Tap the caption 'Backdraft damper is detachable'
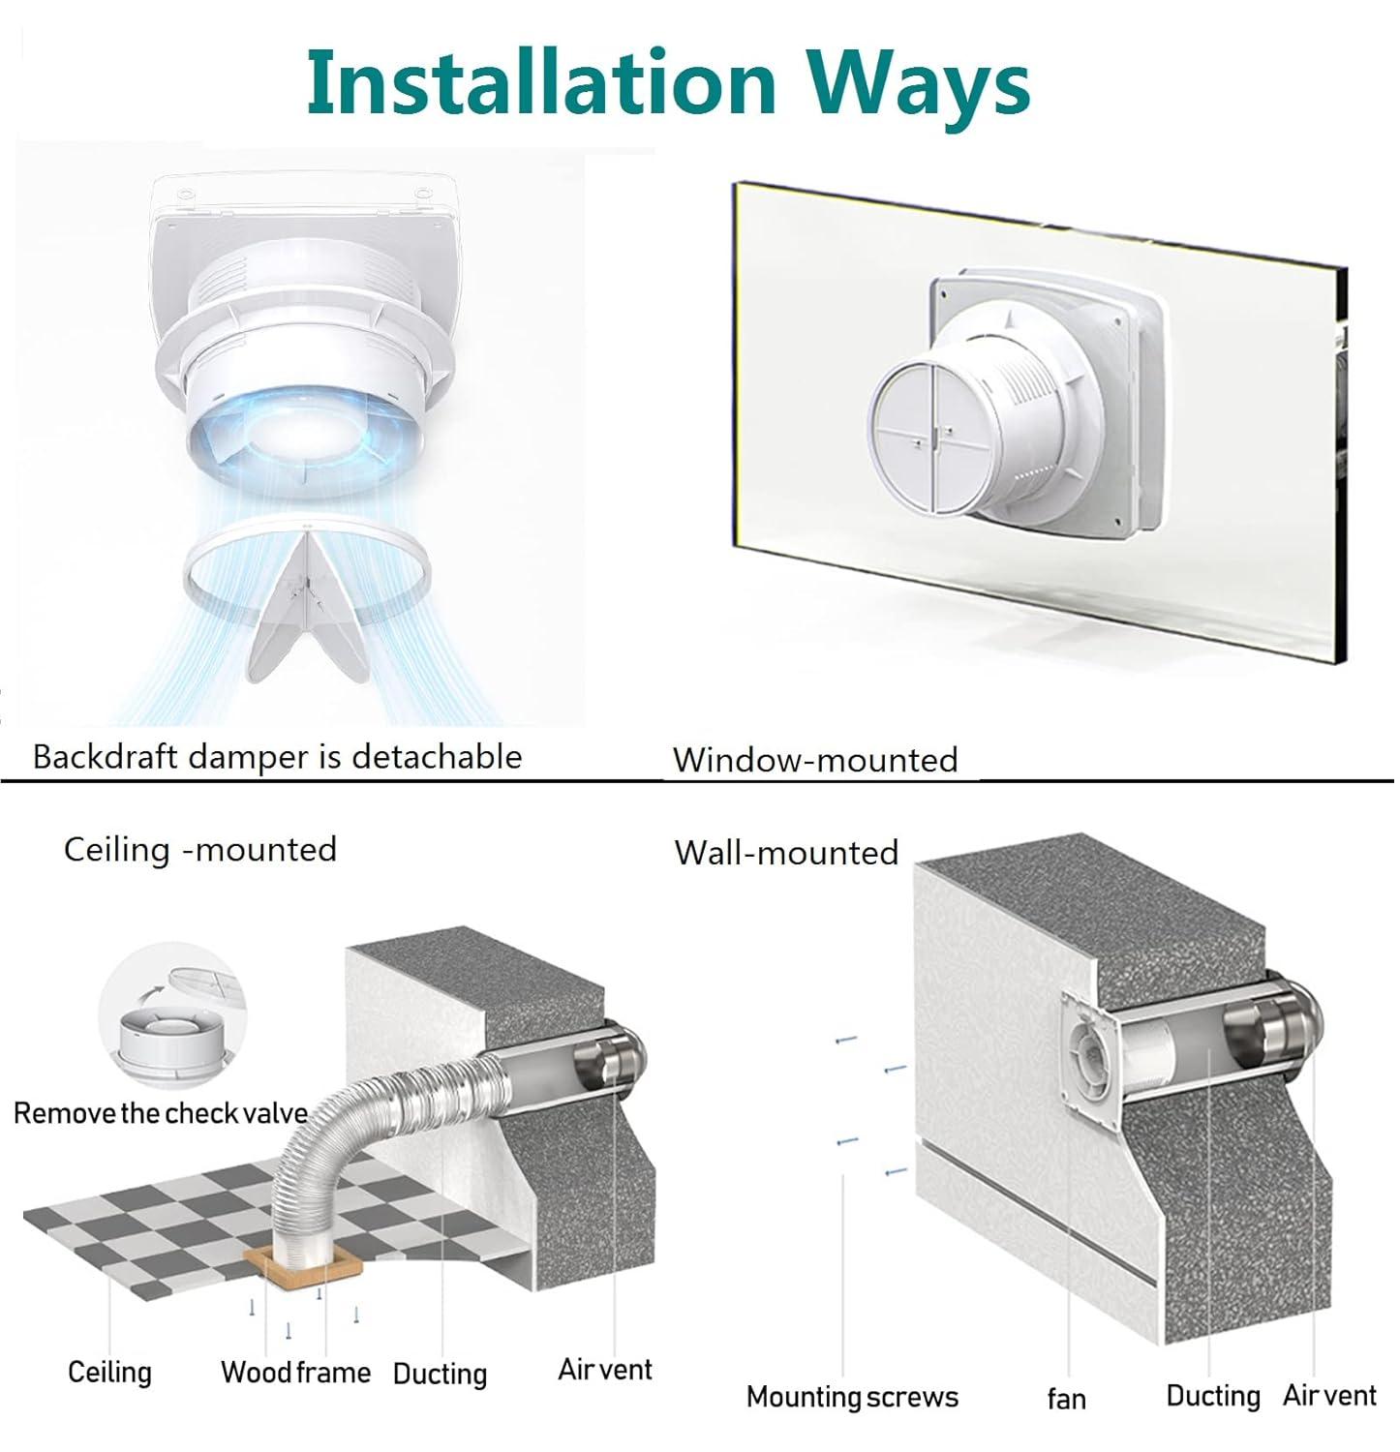277,756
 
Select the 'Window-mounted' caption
815,760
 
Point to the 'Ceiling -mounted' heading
200,849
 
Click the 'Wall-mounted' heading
786,852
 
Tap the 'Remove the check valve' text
161,1113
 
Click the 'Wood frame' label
295,1372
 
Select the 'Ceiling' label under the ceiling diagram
109,1372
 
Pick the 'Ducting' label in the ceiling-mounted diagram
440,1374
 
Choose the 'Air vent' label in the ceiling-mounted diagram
605,1369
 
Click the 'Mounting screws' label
852,1397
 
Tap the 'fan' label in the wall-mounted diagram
1066,1399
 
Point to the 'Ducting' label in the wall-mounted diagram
1213,1395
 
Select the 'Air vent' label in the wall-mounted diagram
1329,1395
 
